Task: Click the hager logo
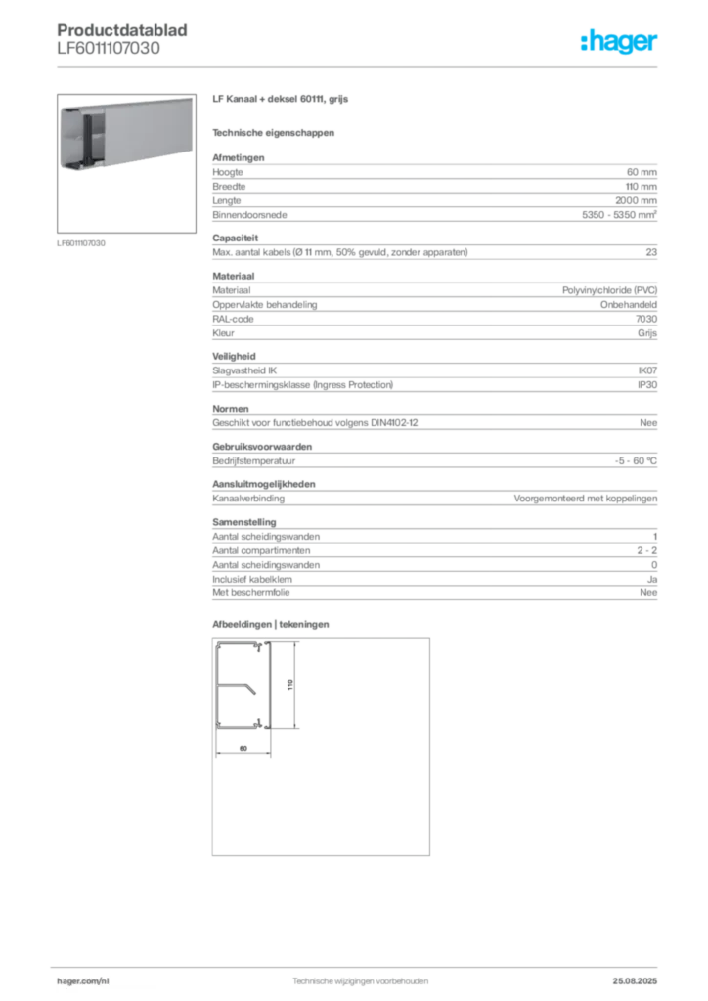[x=619, y=41]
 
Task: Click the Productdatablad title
[x=122, y=30]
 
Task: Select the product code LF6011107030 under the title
[x=109, y=49]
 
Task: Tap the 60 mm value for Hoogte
[x=642, y=172]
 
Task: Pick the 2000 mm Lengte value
[x=636, y=200]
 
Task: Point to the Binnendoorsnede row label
[x=249, y=215]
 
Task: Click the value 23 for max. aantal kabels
[x=651, y=252]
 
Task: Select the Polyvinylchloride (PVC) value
[x=609, y=290]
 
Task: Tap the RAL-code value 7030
[x=646, y=319]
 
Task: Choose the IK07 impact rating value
[x=647, y=370]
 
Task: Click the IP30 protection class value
[x=647, y=385]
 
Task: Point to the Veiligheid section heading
[x=234, y=356]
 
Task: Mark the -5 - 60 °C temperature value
[x=636, y=461]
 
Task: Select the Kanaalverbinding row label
[x=248, y=499]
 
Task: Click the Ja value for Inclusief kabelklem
[x=652, y=579]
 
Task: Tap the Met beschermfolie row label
[x=251, y=593]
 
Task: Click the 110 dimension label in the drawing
[x=290, y=685]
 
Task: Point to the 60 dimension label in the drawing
[x=243, y=748]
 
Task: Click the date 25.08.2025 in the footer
[x=635, y=981]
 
